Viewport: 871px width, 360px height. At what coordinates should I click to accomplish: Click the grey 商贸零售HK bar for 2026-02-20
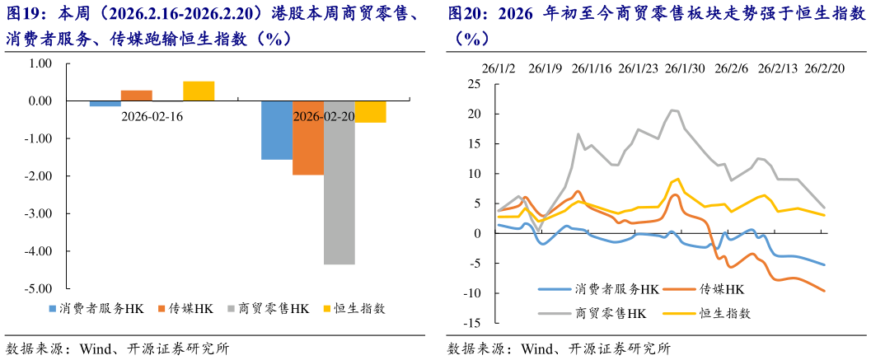(x=340, y=182)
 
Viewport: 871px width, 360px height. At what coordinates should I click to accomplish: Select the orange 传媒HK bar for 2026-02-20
(x=308, y=138)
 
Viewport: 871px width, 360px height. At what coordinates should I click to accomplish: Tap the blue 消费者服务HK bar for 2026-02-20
(x=277, y=130)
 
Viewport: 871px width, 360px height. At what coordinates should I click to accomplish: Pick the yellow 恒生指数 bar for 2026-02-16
(x=199, y=91)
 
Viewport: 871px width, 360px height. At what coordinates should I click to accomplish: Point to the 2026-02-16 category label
(x=152, y=117)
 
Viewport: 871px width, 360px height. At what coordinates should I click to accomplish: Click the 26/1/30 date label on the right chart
(x=685, y=68)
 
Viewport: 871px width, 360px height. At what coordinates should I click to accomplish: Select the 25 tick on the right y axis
(x=474, y=84)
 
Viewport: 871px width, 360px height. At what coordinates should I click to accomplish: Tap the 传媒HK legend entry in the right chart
(x=721, y=289)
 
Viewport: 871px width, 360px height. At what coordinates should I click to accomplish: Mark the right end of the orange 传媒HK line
(x=825, y=291)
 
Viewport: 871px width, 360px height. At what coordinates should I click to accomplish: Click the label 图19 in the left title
(x=22, y=15)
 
